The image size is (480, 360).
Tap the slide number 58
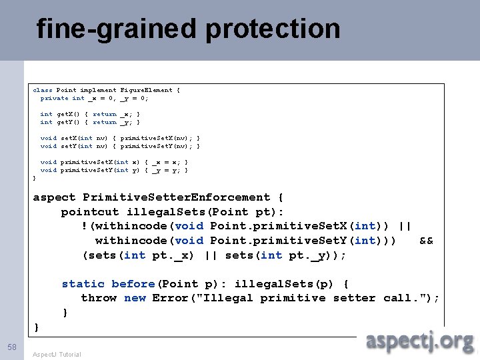(x=12, y=347)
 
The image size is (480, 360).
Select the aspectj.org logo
(x=420, y=341)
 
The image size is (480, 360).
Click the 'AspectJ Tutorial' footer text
(x=57, y=354)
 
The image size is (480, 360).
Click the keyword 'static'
(x=83, y=284)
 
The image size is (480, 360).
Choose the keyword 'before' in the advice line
(x=133, y=284)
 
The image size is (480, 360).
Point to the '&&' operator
(x=426, y=241)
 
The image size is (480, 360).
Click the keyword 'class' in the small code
(x=43, y=90)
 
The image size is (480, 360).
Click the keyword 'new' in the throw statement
(x=135, y=298)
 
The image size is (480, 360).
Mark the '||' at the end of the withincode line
(x=404, y=226)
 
